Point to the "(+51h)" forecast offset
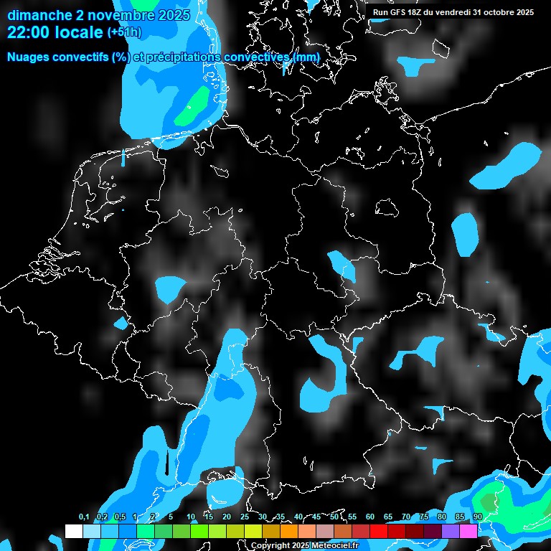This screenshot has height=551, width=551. (x=124, y=33)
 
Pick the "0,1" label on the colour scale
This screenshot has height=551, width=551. (x=84, y=517)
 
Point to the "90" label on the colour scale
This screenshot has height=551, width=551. (x=477, y=517)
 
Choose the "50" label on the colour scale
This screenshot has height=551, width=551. (x=334, y=517)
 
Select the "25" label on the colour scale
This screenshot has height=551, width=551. (x=245, y=517)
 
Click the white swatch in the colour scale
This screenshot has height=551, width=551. (x=74, y=531)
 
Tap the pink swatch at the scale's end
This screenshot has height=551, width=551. (x=468, y=531)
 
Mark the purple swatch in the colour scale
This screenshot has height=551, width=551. (x=451, y=531)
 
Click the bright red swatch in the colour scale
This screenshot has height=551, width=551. (x=379, y=531)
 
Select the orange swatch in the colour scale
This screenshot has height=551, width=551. (x=289, y=531)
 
